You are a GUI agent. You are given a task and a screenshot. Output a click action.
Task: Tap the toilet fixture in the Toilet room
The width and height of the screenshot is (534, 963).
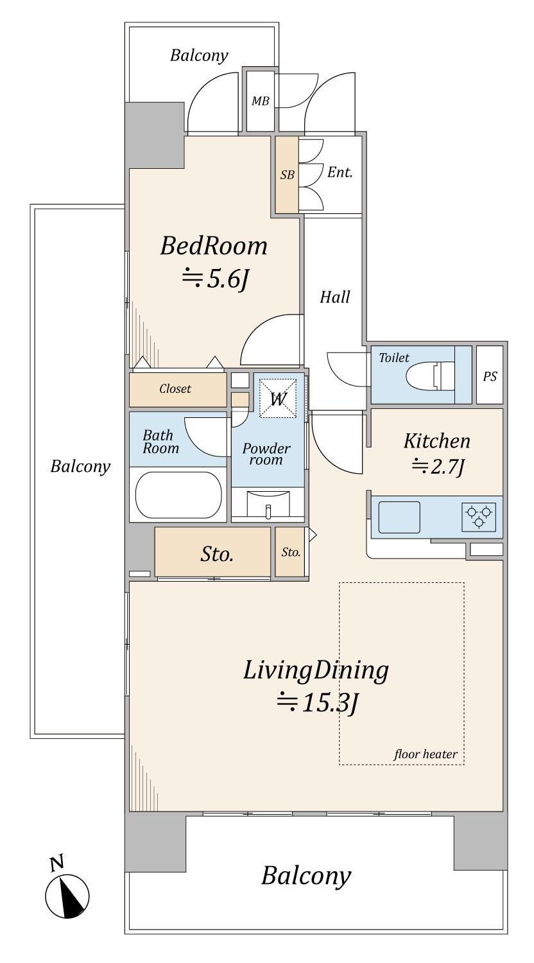coord(431,375)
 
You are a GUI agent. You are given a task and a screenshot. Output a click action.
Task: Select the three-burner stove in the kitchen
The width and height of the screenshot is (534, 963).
coord(479,517)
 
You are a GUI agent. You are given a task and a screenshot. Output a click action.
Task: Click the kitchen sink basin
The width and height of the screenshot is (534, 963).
coord(399,517)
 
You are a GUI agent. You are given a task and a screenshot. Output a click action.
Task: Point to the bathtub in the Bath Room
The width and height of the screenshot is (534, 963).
coord(178,494)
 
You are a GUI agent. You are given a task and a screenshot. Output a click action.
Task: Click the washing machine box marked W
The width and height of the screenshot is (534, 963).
coord(278,398)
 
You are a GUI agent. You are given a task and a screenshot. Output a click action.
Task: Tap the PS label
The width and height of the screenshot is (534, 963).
coord(490,376)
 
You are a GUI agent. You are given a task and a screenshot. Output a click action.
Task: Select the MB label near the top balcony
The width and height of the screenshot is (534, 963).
coord(260,101)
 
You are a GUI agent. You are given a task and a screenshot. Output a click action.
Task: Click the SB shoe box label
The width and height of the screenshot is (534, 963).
coord(287,175)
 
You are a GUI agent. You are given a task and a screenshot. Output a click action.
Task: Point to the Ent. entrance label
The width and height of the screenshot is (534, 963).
coord(340,173)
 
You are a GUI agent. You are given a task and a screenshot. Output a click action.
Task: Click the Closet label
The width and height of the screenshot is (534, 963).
coord(175,388)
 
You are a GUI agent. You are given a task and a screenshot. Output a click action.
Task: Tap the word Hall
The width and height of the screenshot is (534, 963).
coord(335,297)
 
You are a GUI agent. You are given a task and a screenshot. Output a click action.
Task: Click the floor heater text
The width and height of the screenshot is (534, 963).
coord(426,754)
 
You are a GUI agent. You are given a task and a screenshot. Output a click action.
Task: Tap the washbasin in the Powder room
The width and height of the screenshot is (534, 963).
coord(268,504)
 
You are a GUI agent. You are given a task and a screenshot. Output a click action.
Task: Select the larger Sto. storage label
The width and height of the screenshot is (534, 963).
coord(217,554)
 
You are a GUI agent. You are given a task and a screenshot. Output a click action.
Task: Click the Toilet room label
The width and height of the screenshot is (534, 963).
coord(394,358)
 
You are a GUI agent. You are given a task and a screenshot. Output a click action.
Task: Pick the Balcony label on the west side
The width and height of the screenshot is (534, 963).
coord(80,467)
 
